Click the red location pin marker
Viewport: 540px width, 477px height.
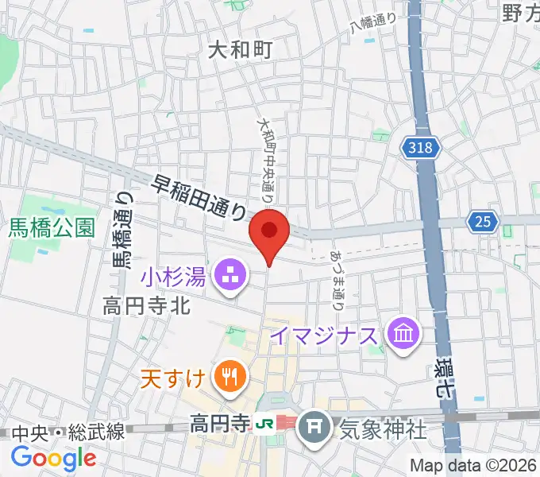(269, 234)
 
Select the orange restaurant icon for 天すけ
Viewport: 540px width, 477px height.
(230, 375)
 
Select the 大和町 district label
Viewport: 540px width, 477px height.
(240, 51)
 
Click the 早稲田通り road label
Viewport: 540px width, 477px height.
(200, 196)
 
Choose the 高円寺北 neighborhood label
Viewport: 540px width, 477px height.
(146, 305)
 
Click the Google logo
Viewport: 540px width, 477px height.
(53, 459)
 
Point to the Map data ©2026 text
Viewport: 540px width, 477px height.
(474, 465)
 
